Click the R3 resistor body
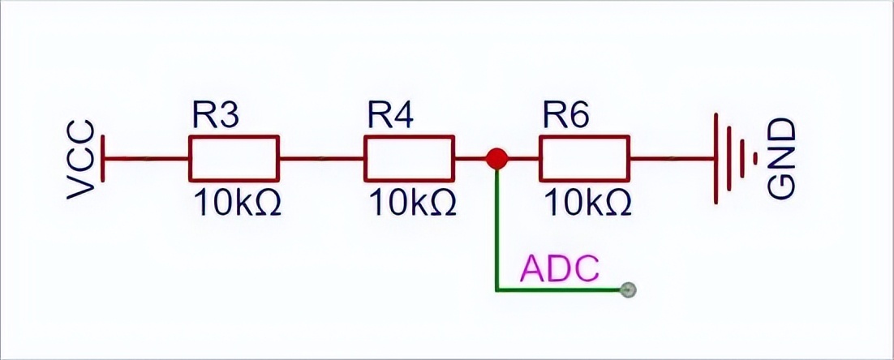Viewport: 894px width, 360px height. tap(234, 158)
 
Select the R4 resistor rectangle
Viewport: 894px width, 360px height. tap(409, 158)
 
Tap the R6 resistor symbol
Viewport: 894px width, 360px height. tap(583, 158)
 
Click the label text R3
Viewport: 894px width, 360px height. tap(215, 116)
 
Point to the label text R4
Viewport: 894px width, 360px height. tap(390, 116)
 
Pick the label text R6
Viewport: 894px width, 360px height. tap(565, 116)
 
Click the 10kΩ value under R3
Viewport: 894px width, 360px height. tap(237, 203)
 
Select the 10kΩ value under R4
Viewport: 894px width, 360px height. tap(412, 203)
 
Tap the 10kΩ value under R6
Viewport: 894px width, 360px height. tap(587, 203)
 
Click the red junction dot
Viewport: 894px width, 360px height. tap(496, 159)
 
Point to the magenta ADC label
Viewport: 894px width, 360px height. tap(560, 268)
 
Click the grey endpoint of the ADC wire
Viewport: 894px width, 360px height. tap(626, 289)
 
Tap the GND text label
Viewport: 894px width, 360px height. tap(781, 159)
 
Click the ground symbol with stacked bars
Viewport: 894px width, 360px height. tap(734, 159)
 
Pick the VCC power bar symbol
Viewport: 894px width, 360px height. tap(105, 159)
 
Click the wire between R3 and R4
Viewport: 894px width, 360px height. tap(321, 159)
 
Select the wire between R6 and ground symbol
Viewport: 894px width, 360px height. tap(670, 159)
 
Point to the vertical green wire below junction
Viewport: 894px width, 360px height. tap(496, 227)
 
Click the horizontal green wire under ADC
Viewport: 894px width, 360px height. tap(560, 289)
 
